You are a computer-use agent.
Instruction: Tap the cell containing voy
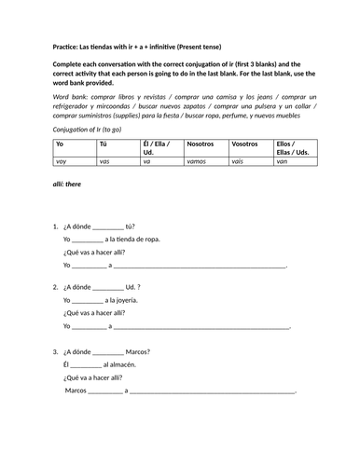click(x=62, y=161)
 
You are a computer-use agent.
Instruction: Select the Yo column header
click(x=61, y=145)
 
